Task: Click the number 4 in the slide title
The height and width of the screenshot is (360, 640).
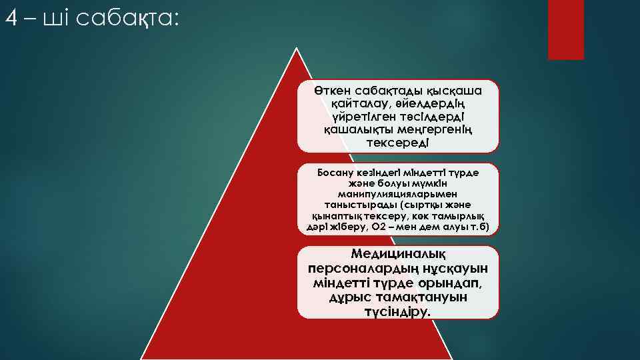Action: (x=10, y=17)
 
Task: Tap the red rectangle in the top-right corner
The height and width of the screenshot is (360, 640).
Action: (x=565, y=29)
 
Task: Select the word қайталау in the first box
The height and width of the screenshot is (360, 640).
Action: (x=356, y=104)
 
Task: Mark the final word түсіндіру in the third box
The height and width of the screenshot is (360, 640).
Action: (x=398, y=311)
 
